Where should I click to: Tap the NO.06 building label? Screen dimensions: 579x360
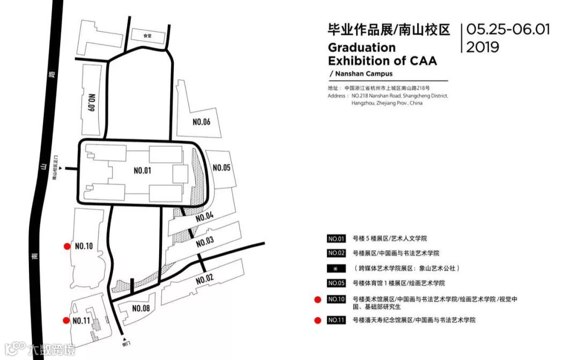point(202,122)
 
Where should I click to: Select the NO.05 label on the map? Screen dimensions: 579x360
point(221,168)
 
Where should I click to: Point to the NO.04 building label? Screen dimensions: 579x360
point(205,217)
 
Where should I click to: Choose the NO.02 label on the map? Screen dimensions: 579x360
point(205,279)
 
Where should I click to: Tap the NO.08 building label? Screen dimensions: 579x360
point(141,308)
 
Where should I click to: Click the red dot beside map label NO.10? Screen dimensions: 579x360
point(67,246)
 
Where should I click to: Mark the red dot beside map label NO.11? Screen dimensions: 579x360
point(67,320)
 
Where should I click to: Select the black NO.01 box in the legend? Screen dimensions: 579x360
point(336,238)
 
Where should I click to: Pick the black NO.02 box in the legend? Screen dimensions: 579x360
point(336,253)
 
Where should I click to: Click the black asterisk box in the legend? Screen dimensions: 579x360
point(336,268)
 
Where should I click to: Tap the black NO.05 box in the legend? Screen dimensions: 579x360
point(336,283)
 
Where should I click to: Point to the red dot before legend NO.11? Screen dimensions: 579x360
point(317,320)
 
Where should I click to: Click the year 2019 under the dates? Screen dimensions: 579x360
point(482,47)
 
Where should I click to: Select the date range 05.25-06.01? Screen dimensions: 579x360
point(508,29)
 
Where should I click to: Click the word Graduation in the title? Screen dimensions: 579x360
point(354,47)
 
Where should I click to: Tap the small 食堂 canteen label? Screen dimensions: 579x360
point(148,36)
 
